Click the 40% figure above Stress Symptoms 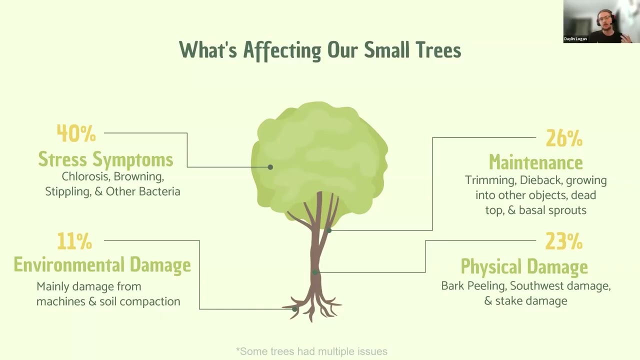coord(76,133)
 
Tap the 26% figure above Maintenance coord(564,138)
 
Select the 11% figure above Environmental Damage coord(74,241)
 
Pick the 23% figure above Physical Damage coord(564,241)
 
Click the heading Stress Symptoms coord(105,159)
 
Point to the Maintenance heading coord(535,162)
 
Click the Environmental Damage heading coord(102,264)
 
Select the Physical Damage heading coord(524,266)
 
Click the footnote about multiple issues coord(311,351)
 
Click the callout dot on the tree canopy coord(270,167)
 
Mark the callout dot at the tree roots coord(294,309)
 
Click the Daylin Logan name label coord(575,39)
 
